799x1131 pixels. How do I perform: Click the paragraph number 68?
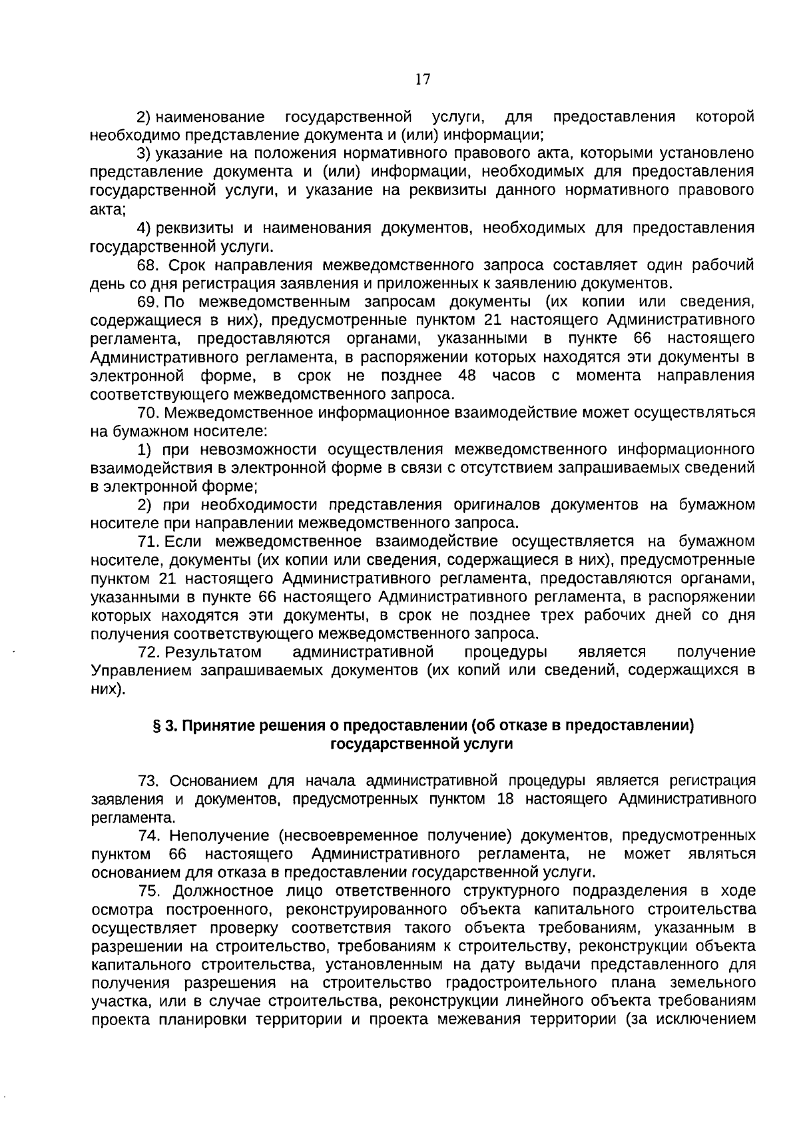coord(148,265)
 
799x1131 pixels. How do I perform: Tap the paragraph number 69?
coord(147,302)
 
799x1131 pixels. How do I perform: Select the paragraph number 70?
coord(148,412)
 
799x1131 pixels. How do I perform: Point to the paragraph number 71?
coord(147,541)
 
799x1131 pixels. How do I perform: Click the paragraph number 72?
coord(148,651)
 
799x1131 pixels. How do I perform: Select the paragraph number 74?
coord(148,836)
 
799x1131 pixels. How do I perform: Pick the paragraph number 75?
coord(148,891)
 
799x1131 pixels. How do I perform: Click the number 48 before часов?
coord(467,376)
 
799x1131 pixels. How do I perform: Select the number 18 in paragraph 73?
coord(505,799)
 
